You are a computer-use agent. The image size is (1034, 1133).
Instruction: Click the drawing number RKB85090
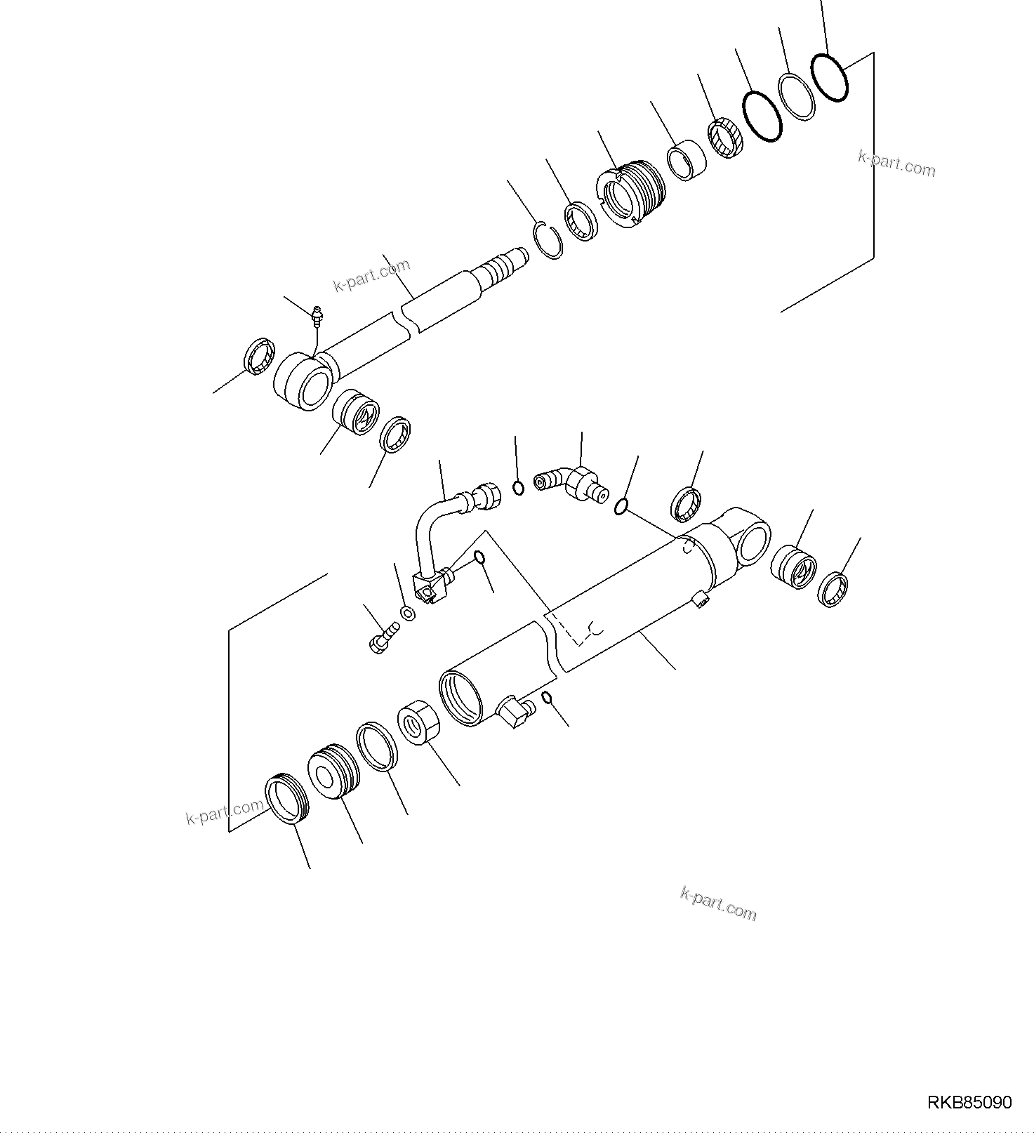[x=969, y=1103]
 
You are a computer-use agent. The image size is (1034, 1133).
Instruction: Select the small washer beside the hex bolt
[x=407, y=614]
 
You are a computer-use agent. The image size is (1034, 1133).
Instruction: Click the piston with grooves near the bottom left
[x=333, y=773]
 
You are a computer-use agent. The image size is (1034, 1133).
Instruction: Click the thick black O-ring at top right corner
[x=829, y=77]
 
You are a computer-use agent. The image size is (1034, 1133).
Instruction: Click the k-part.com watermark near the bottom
[x=718, y=903]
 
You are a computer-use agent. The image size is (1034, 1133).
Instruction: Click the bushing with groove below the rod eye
[x=355, y=413]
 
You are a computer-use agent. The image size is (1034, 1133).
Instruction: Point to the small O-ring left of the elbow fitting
[x=518, y=488]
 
